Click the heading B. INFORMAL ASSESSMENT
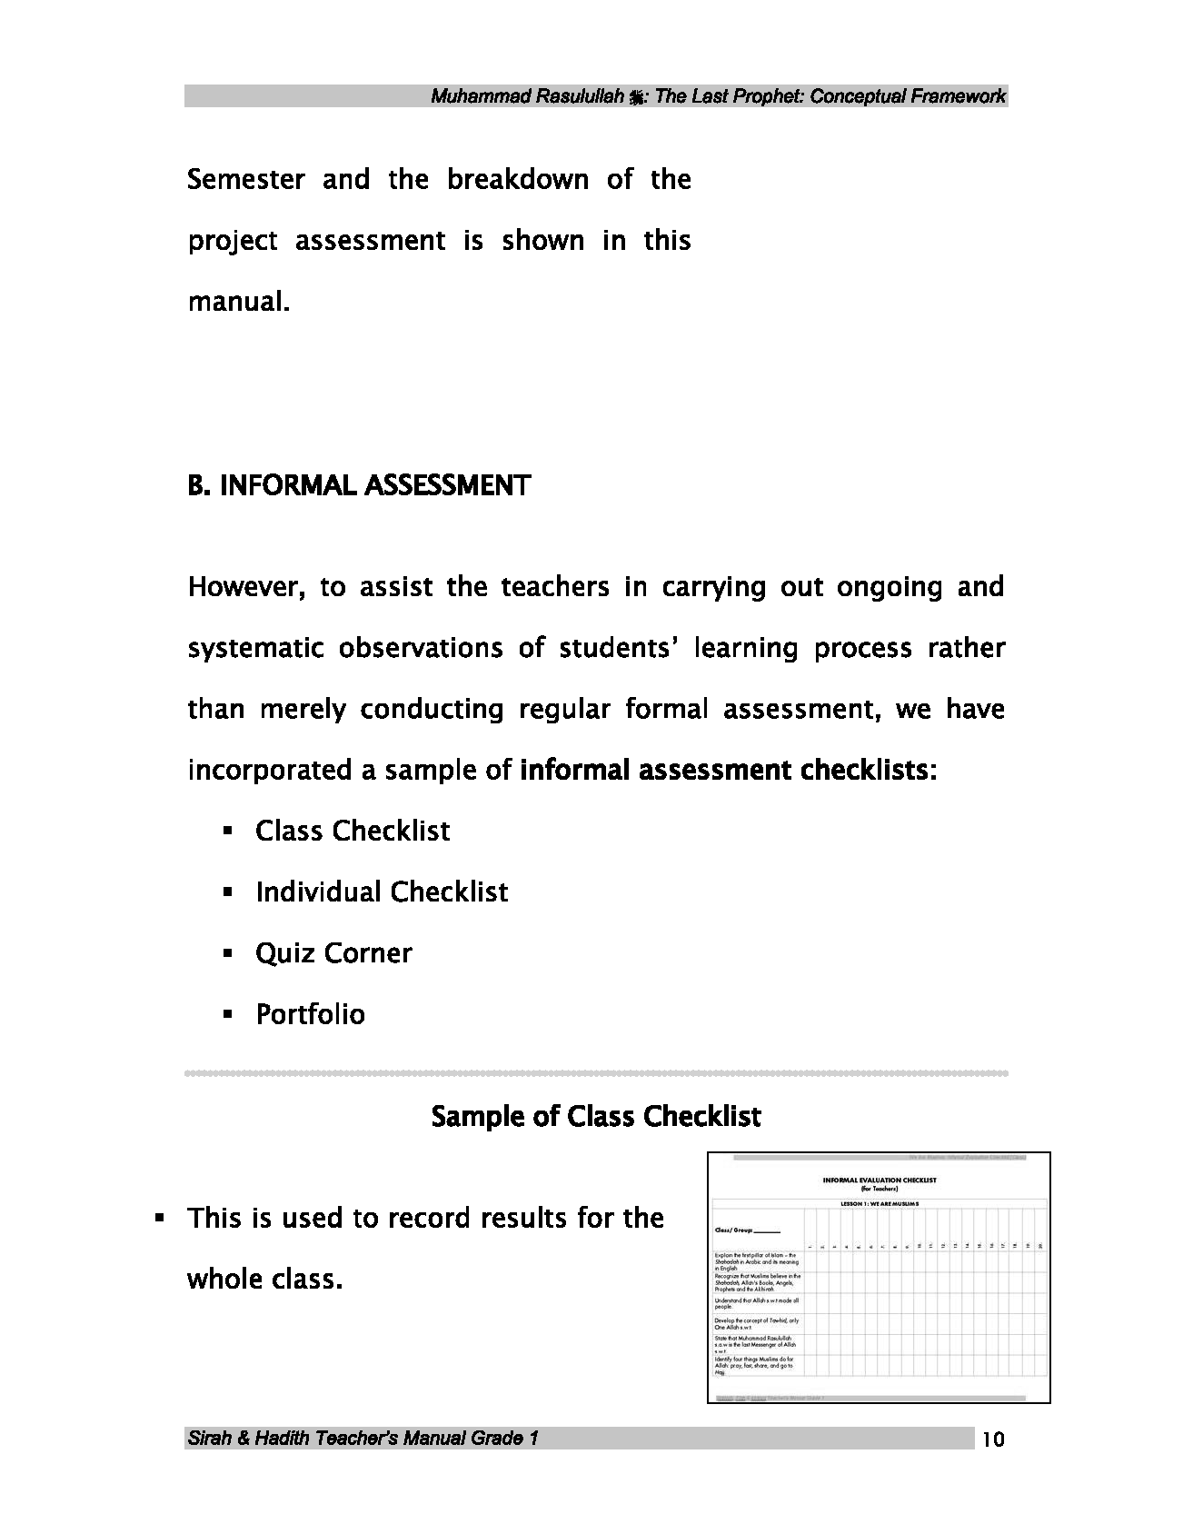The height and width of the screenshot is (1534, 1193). tap(358, 486)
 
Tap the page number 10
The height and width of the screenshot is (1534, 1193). tap(993, 1439)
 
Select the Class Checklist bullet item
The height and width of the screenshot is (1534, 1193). tap(352, 831)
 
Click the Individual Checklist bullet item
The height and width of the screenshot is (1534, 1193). tap(381, 892)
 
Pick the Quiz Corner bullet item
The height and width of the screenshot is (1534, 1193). tap(333, 952)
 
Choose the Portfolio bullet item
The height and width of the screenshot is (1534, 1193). tap(310, 1014)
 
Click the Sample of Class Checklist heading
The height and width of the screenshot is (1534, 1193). tap(595, 1116)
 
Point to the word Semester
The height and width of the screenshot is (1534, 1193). tap(245, 179)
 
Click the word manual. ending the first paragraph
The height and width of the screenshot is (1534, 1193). tap(239, 302)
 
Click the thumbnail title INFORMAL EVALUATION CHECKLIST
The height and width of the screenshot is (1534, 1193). tap(879, 1180)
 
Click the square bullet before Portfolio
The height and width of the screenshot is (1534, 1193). tap(228, 1014)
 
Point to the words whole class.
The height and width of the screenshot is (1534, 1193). tap(264, 1280)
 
